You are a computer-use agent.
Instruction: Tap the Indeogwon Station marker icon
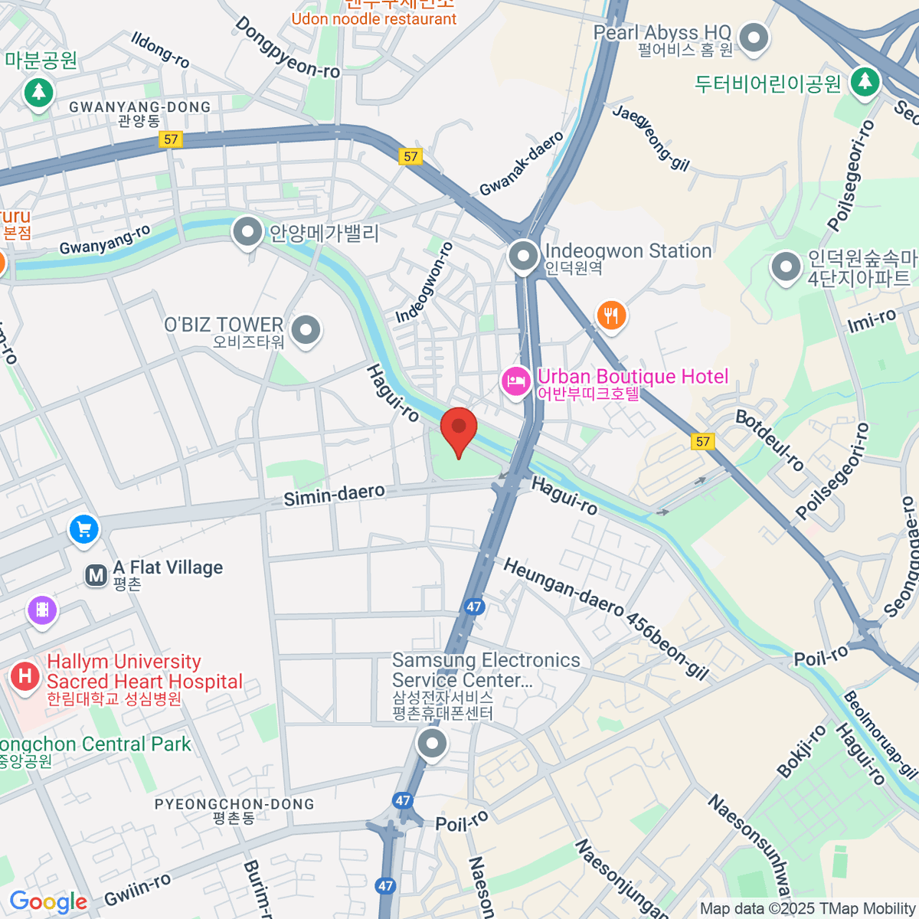coord(524,257)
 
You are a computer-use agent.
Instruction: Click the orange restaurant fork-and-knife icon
coord(611,315)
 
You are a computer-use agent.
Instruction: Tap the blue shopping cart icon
coord(84,529)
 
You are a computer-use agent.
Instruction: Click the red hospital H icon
coord(25,676)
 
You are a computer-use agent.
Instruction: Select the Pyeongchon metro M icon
coord(96,576)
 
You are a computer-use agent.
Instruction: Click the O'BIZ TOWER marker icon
coord(306,330)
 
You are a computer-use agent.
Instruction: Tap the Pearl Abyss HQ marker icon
coord(754,38)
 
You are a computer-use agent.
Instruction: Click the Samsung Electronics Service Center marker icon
coord(433,743)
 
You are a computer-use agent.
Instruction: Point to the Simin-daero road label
coord(334,495)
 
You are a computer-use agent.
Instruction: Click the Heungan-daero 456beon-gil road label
coord(605,619)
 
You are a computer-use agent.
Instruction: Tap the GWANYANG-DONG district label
coord(139,107)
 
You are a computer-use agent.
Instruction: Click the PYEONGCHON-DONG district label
coord(234,804)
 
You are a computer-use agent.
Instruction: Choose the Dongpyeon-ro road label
coord(287,47)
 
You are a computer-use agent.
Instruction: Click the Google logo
coord(48,902)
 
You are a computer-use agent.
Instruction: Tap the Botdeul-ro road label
coord(770,440)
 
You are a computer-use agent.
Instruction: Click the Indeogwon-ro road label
coord(424,283)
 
